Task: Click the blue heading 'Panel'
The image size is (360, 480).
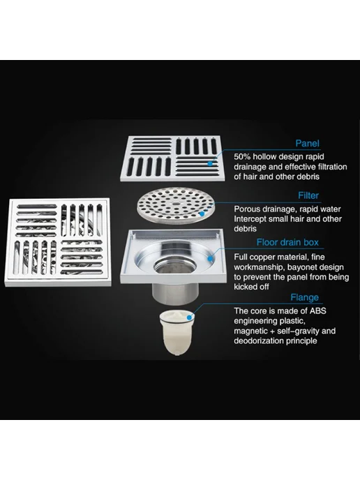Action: (x=307, y=143)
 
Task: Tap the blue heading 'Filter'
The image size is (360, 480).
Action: (x=308, y=195)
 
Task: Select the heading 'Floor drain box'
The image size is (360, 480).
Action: (x=287, y=242)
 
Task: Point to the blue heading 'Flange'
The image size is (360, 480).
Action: (x=304, y=297)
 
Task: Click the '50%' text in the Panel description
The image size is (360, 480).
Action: (x=242, y=157)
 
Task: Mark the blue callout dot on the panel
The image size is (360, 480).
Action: (x=210, y=163)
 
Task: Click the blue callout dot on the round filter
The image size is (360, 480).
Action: (x=202, y=213)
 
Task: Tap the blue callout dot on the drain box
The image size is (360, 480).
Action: (x=210, y=259)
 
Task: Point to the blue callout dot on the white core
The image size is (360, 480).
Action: (x=190, y=317)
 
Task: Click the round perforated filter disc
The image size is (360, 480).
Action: (x=176, y=205)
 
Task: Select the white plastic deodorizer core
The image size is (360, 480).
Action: (x=177, y=332)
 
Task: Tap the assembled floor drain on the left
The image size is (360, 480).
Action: (x=57, y=242)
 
